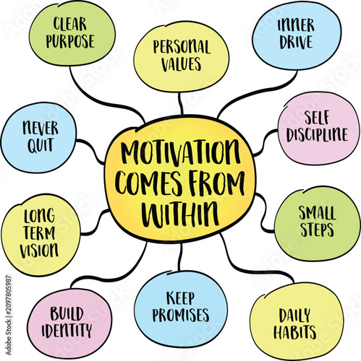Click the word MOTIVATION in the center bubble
[180, 154]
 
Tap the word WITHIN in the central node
[180, 214]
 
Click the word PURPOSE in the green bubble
[70, 41]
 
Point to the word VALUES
[181, 64]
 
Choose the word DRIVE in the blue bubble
[296, 43]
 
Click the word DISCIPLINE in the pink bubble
[318, 134]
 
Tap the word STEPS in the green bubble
[317, 230]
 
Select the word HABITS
[294, 332]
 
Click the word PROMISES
[181, 316]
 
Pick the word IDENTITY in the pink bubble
[67, 330]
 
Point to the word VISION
[39, 251]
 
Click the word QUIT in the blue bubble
[41, 146]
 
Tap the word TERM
[39, 233]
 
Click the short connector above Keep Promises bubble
[180, 257]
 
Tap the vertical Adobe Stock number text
[9, 316]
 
